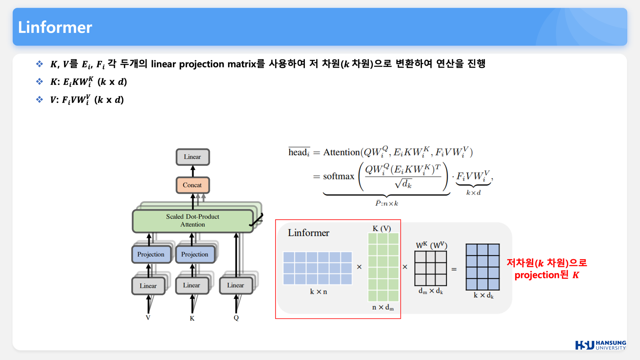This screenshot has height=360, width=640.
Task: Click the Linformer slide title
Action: point(55,27)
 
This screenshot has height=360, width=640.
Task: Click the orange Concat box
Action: point(192,185)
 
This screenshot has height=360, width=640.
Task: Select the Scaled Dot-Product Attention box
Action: point(192,221)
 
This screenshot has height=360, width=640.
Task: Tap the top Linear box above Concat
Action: point(192,157)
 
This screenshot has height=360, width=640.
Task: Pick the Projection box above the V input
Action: point(151,254)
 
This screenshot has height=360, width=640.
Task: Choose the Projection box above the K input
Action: point(195,254)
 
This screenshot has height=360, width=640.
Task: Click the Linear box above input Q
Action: point(236,286)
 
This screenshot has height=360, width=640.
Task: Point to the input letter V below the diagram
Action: point(148,318)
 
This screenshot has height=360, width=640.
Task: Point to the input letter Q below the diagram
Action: point(236,318)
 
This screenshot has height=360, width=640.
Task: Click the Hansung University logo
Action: point(600,345)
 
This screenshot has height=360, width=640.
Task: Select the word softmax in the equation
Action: point(338,176)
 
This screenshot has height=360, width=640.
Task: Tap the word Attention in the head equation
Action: point(341,152)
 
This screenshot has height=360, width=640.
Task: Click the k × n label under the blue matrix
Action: point(318,292)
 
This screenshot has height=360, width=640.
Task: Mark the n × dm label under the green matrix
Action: point(383,308)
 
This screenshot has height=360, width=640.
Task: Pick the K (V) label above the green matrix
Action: point(382,228)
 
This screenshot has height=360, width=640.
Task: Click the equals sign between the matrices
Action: point(454,270)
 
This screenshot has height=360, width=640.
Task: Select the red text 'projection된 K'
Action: point(546,275)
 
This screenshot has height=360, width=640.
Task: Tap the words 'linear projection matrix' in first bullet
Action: point(204,64)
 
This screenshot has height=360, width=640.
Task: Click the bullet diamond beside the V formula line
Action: point(39,100)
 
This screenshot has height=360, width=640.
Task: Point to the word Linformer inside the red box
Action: point(308,233)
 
